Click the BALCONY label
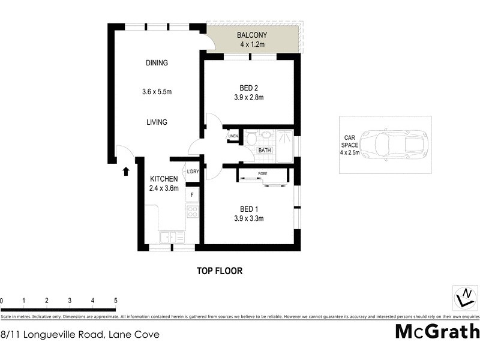click(252, 34)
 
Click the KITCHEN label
click(164, 179)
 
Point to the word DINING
click(157, 63)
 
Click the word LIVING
click(157, 122)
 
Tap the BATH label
click(265, 151)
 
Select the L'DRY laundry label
click(193, 172)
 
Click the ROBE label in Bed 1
click(263, 173)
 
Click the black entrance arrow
click(126, 172)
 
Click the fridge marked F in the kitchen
click(193, 195)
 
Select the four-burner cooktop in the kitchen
click(193, 211)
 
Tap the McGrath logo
click(437, 331)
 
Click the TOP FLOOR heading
click(220, 271)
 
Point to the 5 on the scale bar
click(115, 301)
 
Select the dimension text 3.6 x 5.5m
click(157, 92)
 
